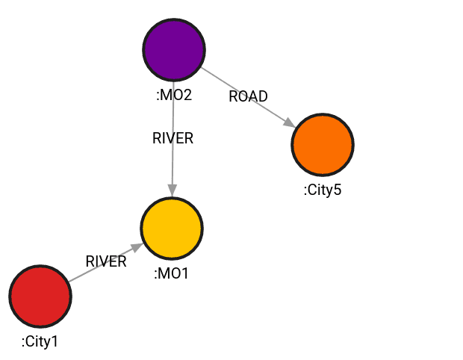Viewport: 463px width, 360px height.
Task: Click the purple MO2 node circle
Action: [174, 49]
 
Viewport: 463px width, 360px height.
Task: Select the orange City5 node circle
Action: [322, 144]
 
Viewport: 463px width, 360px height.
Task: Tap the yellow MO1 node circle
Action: [172, 228]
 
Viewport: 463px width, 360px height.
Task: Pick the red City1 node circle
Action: [40, 297]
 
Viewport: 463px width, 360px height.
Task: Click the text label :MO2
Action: [174, 95]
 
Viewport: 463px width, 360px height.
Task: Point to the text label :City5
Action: [322, 190]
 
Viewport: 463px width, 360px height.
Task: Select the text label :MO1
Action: [172, 273]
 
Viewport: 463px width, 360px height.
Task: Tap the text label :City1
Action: [40, 342]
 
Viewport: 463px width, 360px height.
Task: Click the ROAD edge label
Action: [248, 96]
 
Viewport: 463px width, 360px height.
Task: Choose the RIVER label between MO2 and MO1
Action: [173, 138]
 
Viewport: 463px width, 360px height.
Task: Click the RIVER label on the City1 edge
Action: [106, 261]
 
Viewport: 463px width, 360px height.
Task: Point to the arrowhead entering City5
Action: [289, 122]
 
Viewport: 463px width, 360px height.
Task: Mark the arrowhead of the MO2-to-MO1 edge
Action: [173, 191]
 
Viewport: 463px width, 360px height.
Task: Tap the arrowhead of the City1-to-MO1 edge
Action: [138, 246]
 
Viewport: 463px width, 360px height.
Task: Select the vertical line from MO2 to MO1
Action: [173, 164]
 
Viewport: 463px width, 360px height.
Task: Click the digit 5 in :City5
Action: [337, 190]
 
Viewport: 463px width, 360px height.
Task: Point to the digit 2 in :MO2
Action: [187, 95]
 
